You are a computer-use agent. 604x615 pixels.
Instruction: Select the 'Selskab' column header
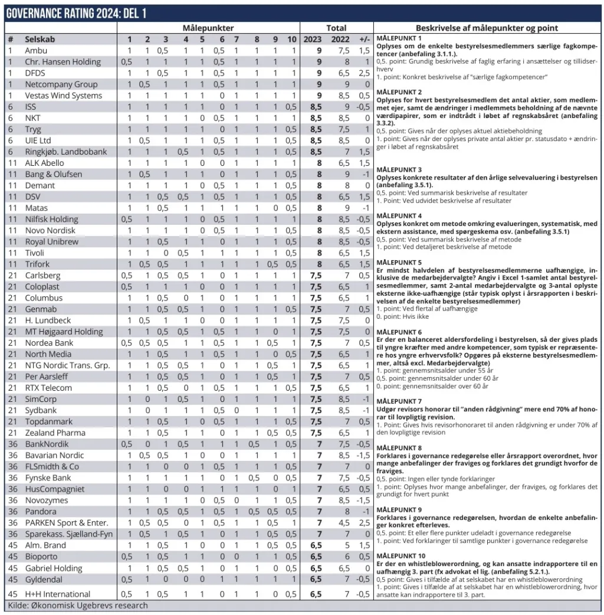point(40,39)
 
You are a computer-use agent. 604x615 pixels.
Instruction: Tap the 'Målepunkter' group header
point(208,28)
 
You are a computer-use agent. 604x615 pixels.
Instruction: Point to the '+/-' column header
point(364,39)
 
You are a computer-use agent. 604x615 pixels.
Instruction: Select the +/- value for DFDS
point(364,73)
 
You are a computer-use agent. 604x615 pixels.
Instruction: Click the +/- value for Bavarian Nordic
point(364,455)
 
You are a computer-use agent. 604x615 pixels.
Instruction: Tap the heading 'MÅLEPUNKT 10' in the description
point(401,556)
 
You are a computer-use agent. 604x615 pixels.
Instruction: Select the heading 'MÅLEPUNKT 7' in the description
point(399,401)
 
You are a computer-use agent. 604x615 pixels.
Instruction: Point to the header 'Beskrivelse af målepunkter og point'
point(487,28)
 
